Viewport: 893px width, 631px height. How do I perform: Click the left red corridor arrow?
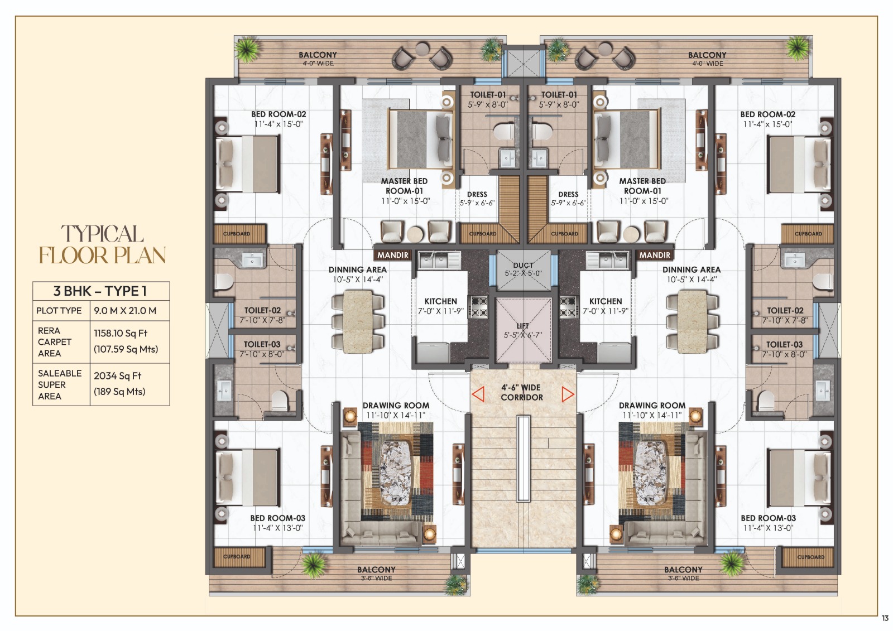[x=478, y=394]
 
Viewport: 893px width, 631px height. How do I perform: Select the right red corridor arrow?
[x=568, y=394]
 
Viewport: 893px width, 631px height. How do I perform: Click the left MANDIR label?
[x=393, y=255]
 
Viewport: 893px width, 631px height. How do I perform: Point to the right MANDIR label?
[x=655, y=255]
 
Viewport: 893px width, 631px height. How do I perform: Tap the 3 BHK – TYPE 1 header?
[x=100, y=291]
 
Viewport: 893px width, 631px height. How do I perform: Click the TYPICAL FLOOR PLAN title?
[x=102, y=245]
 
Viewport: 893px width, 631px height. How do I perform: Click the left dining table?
[x=357, y=322]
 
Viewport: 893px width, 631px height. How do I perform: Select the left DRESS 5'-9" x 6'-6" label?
[x=477, y=199]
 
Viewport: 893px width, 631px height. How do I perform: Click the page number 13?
[x=885, y=618]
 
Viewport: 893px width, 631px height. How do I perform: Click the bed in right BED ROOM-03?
[x=800, y=476]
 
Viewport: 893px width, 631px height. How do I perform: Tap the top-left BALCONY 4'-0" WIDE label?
[x=318, y=59]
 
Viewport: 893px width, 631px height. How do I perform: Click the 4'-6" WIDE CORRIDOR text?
[x=521, y=392]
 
